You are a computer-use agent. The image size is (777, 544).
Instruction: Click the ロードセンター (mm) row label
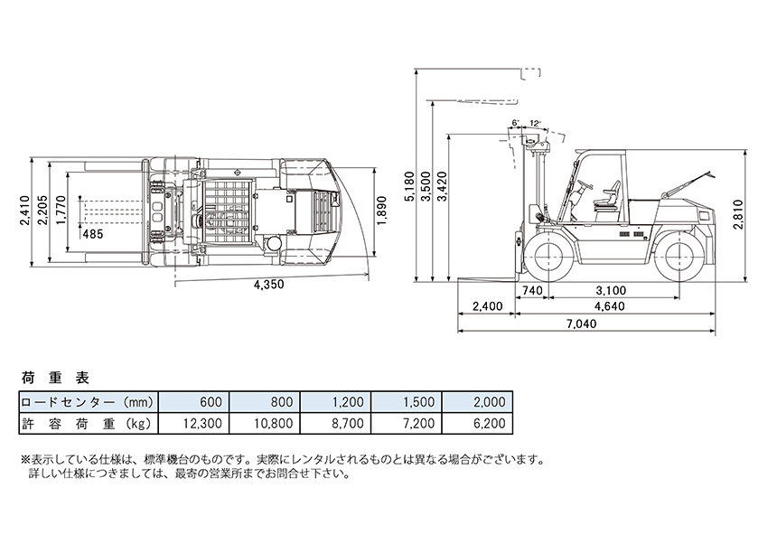pyautogui.click(x=89, y=402)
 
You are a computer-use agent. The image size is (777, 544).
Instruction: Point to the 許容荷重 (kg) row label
pyautogui.click(x=89, y=422)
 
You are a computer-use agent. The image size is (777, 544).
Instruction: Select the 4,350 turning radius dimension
pyautogui.click(x=268, y=286)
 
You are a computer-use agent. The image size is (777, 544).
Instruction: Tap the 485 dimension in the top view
pyautogui.click(x=92, y=234)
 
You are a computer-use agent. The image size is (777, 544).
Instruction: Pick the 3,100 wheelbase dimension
pyautogui.click(x=612, y=290)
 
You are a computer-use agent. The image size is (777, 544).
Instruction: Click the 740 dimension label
pyautogui.click(x=532, y=290)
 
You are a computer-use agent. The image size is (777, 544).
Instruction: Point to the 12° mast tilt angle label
pyautogui.click(x=536, y=123)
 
